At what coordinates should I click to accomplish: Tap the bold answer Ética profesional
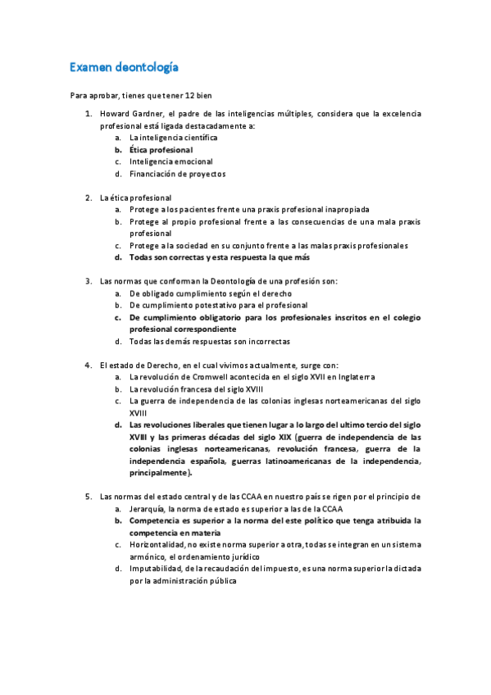tap(161, 150)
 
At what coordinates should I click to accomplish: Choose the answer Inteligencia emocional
tap(170, 161)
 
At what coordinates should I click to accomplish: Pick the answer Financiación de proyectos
tap(177, 174)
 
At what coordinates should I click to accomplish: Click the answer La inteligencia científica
tap(174, 138)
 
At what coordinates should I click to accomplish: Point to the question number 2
tap(88, 198)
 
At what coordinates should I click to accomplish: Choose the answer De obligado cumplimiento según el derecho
tap(211, 293)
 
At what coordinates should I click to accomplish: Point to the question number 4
tap(88, 365)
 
